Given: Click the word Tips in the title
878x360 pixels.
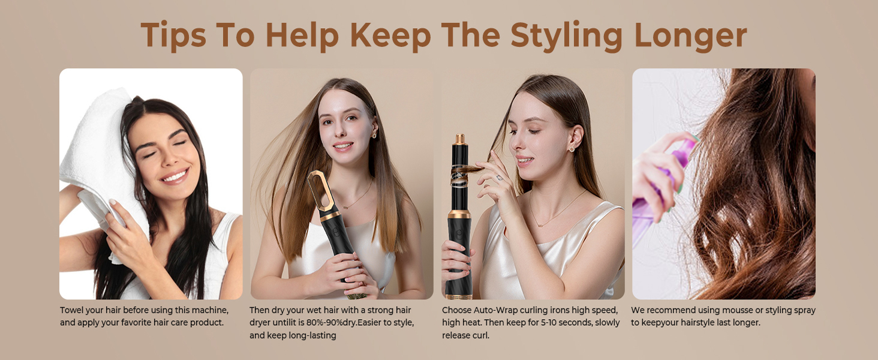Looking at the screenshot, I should pyautogui.click(x=173, y=35).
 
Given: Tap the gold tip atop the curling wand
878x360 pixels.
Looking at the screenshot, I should pyautogui.click(x=460, y=139).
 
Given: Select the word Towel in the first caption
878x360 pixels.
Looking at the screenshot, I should pyautogui.click(x=73, y=310).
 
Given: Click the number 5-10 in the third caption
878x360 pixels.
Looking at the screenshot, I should pyautogui.click(x=551, y=323).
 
